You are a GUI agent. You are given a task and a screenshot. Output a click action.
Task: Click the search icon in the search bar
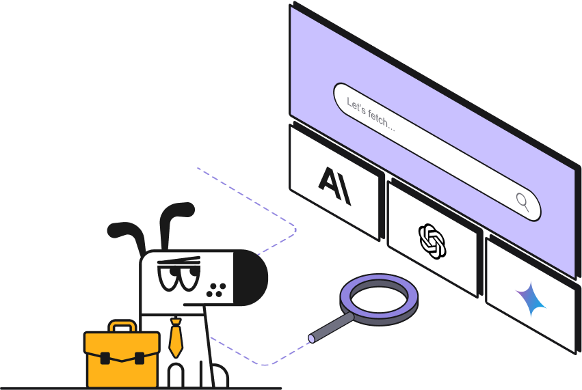pyautogui.click(x=523, y=200)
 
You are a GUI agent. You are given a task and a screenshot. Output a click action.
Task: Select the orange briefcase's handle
pyautogui.click(x=122, y=327)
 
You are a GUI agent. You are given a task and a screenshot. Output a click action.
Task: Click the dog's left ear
pyautogui.click(x=126, y=236)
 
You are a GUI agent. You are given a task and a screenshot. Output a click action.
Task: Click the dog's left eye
pyautogui.click(x=168, y=278)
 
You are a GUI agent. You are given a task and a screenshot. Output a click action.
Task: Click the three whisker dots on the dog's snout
pyautogui.click(x=217, y=289)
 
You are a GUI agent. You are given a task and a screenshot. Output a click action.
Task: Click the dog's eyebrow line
pyautogui.click(x=178, y=261)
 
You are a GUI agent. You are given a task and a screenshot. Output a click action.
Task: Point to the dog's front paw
pyautogui.click(x=176, y=376)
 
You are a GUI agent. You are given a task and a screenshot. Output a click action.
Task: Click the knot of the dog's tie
pyautogui.click(x=176, y=319)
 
